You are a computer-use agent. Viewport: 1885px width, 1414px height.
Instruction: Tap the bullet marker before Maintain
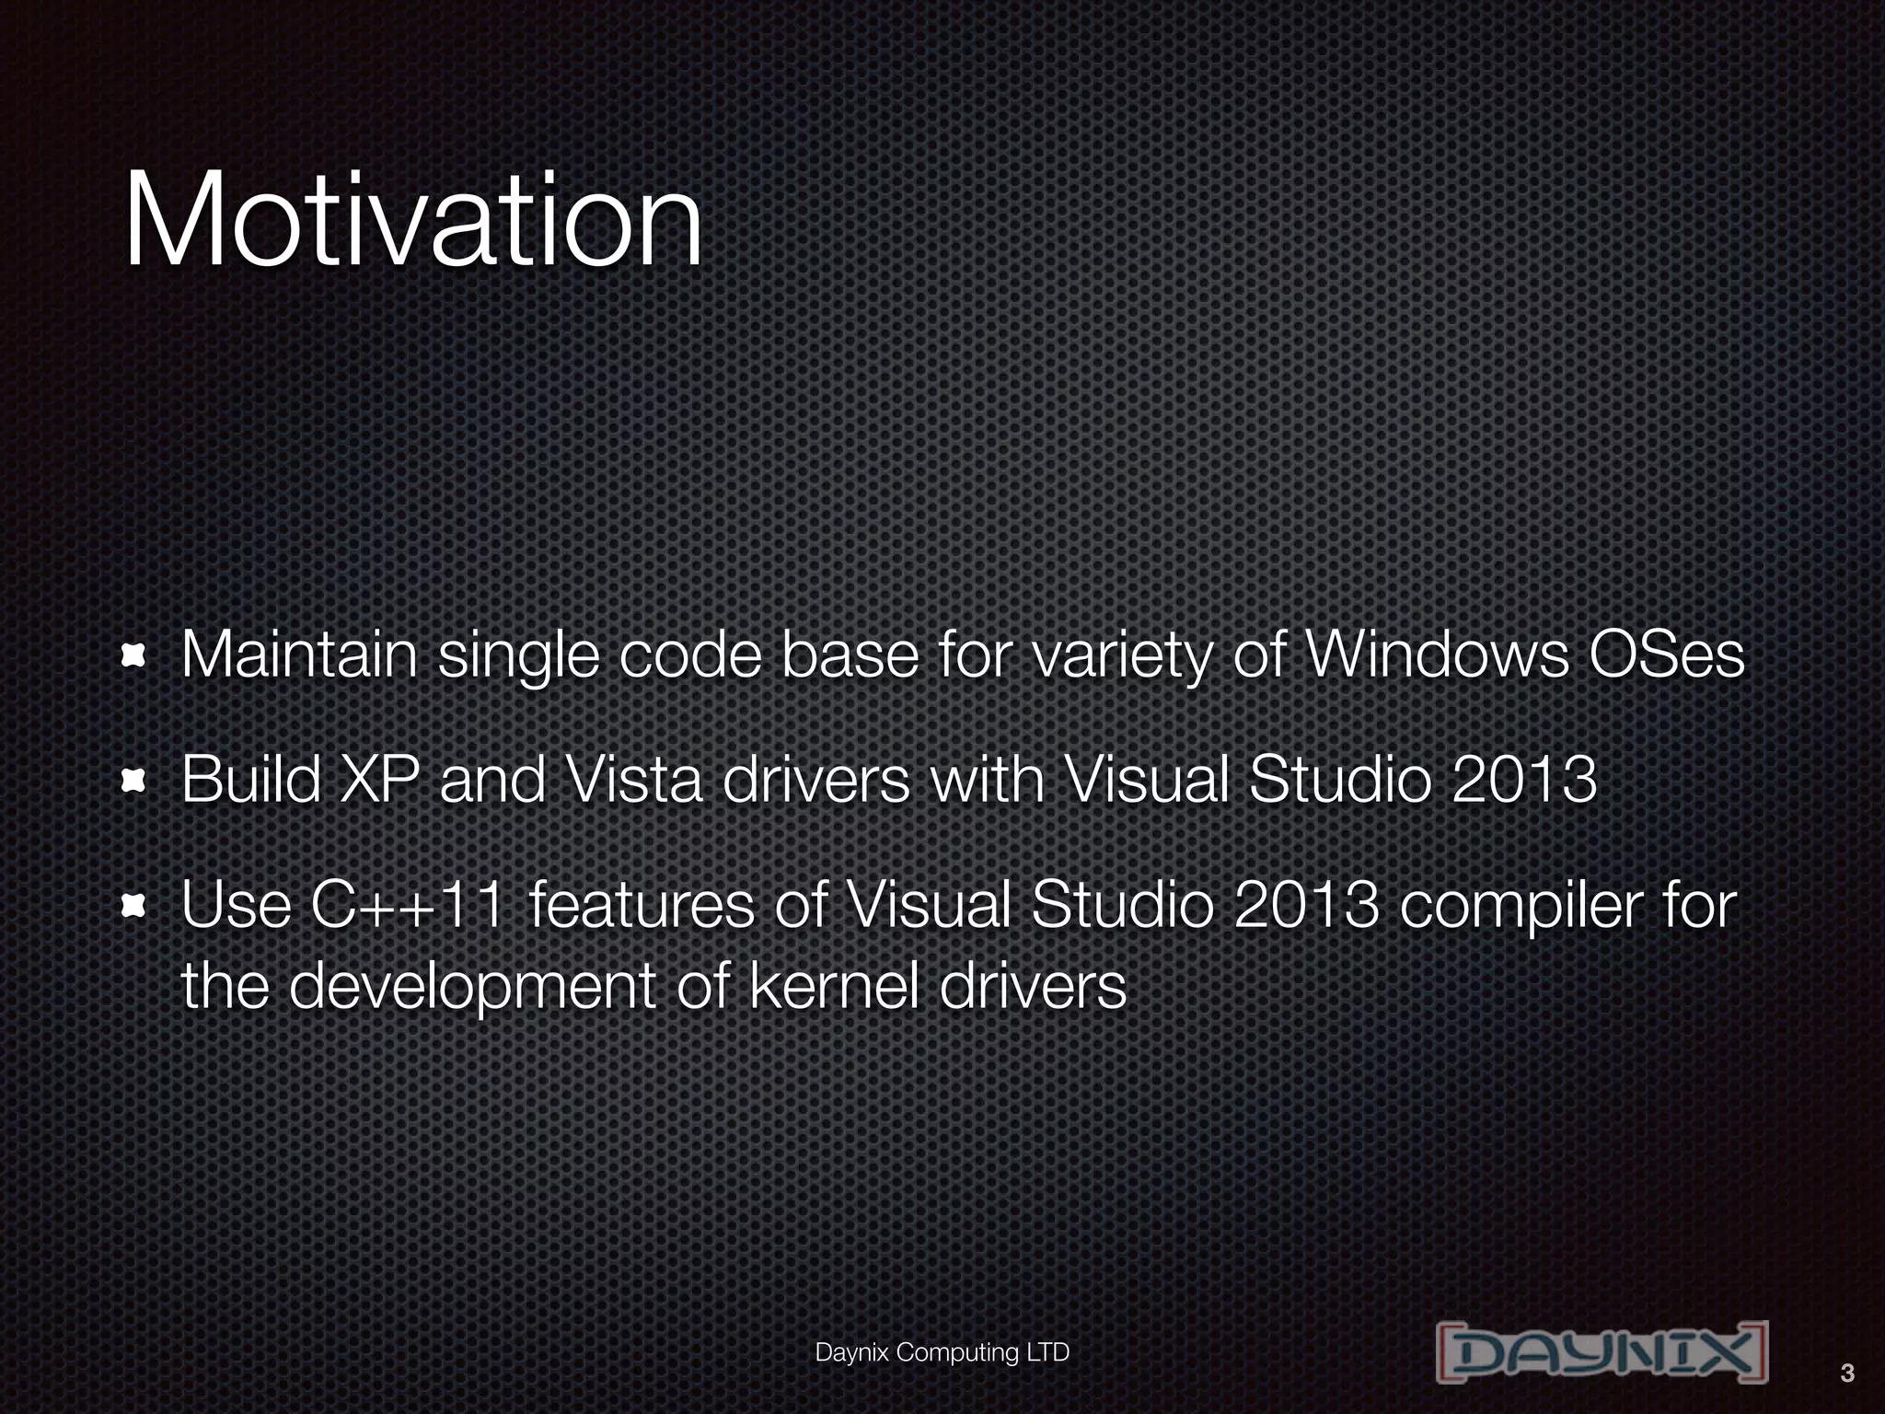click(135, 655)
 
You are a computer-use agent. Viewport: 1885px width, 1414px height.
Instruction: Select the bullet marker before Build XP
click(135, 782)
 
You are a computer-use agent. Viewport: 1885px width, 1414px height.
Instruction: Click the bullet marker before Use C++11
click(135, 908)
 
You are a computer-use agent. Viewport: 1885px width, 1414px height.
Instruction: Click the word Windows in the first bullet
click(1436, 655)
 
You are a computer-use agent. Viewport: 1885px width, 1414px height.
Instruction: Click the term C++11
click(408, 906)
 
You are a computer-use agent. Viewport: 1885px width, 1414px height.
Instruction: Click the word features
click(642, 906)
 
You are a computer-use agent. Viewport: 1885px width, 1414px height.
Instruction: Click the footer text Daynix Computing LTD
click(942, 1352)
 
